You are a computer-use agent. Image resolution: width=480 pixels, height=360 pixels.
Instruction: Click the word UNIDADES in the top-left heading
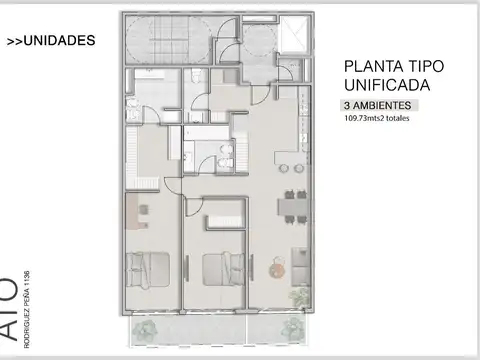click(59, 42)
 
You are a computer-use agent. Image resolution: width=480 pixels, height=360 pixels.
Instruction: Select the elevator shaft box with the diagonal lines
click(295, 38)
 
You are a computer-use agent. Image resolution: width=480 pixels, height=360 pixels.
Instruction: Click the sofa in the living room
click(299, 262)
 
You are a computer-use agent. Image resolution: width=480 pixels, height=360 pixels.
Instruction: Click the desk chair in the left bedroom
click(143, 210)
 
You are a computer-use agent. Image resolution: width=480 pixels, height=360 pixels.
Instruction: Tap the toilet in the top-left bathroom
click(198, 80)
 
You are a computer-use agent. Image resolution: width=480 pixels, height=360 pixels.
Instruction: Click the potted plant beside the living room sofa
click(297, 295)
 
